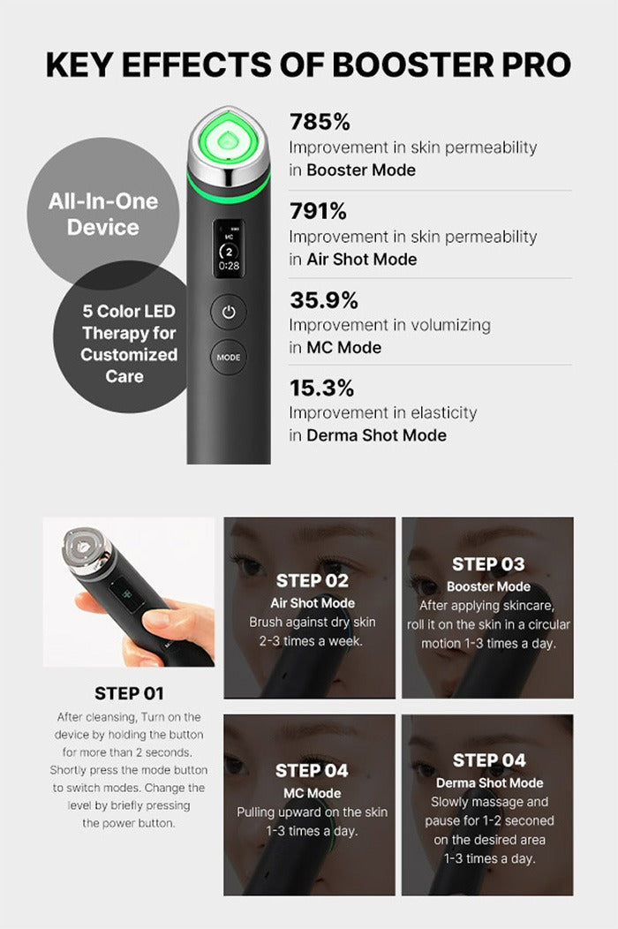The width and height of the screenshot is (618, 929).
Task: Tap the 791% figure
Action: click(318, 212)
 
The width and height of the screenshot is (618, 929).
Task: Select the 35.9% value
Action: click(324, 300)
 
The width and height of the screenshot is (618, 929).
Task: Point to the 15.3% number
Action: click(321, 388)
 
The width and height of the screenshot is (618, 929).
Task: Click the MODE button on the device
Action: click(228, 358)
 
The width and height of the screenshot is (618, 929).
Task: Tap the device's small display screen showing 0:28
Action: click(229, 247)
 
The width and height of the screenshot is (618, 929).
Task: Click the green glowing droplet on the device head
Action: click(229, 139)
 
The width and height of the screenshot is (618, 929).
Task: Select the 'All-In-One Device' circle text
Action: click(103, 215)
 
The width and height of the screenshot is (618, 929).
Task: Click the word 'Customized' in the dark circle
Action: click(129, 355)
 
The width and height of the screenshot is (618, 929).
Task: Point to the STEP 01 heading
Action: click(129, 693)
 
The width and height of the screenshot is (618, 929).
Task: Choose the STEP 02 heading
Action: click(312, 581)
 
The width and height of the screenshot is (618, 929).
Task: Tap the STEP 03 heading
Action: click(488, 564)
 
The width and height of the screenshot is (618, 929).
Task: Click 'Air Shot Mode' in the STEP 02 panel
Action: click(312, 603)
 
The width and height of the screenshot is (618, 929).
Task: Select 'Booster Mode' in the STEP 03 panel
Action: click(488, 586)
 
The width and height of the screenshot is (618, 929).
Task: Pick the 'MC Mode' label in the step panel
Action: click(312, 793)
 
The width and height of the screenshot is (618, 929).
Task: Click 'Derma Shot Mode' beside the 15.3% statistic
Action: click(376, 435)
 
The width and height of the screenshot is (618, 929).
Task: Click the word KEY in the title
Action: click(81, 65)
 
